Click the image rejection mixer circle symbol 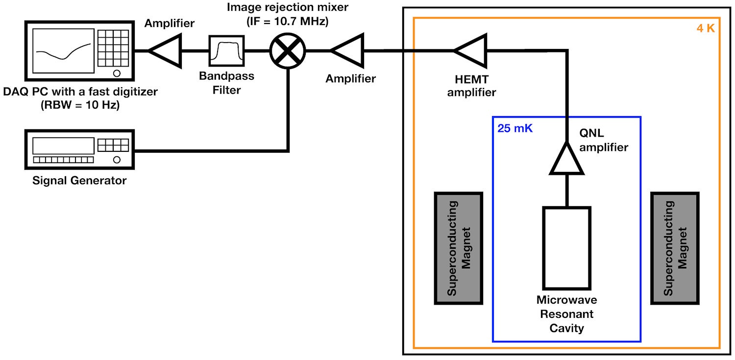pos(288,50)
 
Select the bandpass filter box pos(226,50)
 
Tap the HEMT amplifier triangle pos(471,50)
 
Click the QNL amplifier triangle pos(567,159)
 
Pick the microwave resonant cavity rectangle pos(566,248)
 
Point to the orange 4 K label pos(706,28)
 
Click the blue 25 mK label pos(514,130)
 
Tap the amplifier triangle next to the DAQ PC pos(165,50)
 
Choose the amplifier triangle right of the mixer pos(347,50)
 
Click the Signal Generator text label pos(79,181)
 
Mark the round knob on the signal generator pos(117,160)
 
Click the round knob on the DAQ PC pos(117,73)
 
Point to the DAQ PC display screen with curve pos(63,51)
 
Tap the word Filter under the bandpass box pos(227,90)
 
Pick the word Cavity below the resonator pos(566,328)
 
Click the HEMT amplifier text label pos(471,86)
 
